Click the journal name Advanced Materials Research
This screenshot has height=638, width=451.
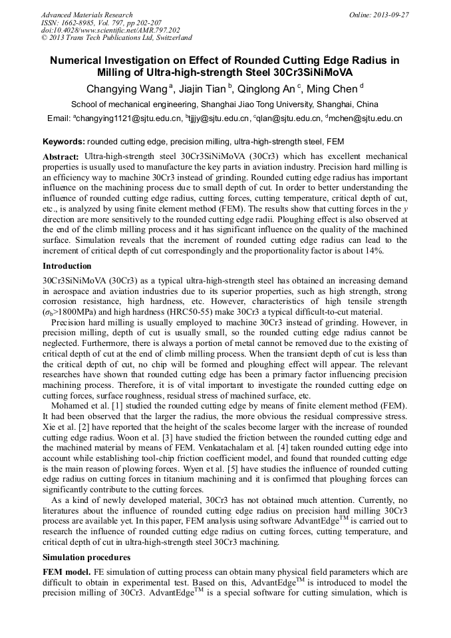click(86, 15)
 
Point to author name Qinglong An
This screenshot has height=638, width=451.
click(266, 88)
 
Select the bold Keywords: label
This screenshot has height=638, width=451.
click(63, 142)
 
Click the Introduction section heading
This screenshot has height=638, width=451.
click(69, 265)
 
